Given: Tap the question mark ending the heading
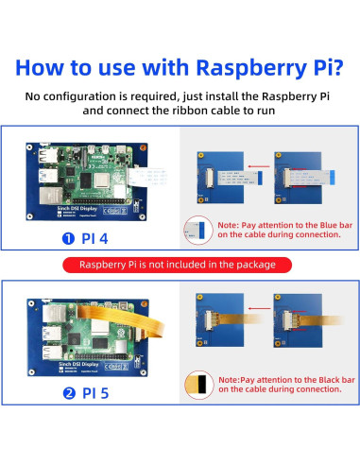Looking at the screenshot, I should [335, 68].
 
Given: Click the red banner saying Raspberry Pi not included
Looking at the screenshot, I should [180, 265].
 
